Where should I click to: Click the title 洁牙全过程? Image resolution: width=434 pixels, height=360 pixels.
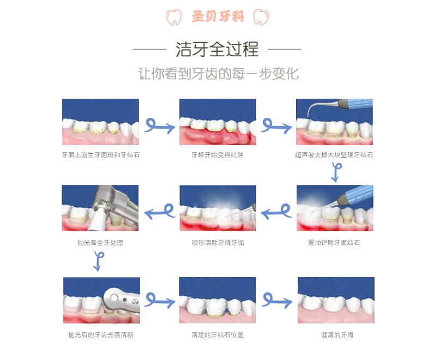coord(217,49)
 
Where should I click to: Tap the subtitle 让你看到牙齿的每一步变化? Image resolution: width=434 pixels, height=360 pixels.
coord(218,74)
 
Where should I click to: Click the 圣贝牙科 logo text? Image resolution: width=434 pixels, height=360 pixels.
coord(218,16)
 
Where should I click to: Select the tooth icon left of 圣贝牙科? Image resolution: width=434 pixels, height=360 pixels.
coord(173,17)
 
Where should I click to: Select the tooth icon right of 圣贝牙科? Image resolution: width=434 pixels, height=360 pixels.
coord(261,17)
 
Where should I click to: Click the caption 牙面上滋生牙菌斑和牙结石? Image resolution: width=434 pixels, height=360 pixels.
coord(101,155)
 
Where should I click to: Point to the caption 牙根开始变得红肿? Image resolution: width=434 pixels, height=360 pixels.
coord(218,155)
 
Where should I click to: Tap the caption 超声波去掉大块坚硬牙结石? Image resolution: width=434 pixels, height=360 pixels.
coord(334,155)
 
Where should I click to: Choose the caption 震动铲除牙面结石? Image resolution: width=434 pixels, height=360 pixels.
coord(334,243)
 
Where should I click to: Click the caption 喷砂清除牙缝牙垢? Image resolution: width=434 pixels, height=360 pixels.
coord(218,243)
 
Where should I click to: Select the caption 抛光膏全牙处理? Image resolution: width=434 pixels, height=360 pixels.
coord(100,243)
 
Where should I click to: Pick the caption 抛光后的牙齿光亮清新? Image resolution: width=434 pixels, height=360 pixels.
coord(101,335)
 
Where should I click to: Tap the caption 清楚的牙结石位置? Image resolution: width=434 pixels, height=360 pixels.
coord(218,335)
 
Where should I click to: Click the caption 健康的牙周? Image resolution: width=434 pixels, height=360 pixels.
coord(337,335)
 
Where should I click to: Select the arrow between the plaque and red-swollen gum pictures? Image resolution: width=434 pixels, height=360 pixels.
coord(160,127)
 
